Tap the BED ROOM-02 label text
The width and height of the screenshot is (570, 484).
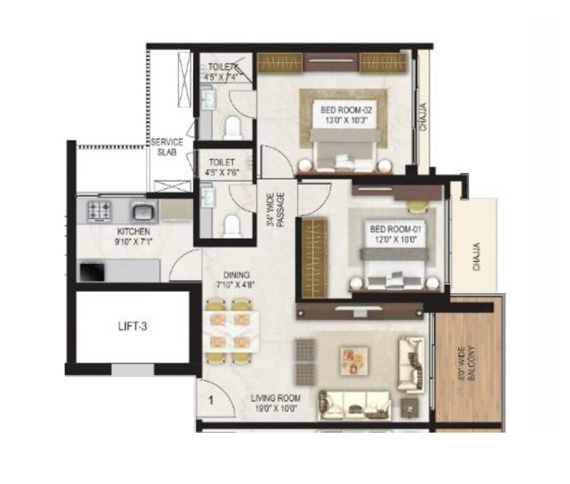click(346, 110)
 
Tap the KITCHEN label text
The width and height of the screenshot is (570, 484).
click(134, 232)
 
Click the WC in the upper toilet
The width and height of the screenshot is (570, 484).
click(232, 128)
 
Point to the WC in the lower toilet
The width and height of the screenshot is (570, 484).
click(231, 225)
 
